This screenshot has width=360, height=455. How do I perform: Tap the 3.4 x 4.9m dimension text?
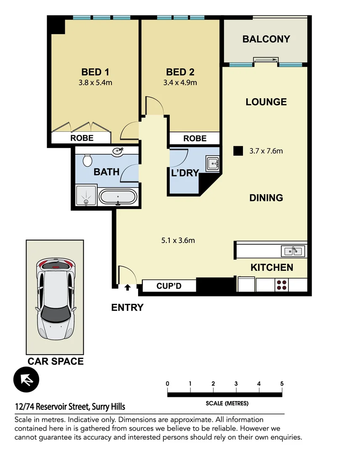181,83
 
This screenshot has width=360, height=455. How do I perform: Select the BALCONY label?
266,39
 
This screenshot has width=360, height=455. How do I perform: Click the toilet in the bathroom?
88,160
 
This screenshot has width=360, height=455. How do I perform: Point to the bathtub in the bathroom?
118,197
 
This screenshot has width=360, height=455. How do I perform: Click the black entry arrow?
128,288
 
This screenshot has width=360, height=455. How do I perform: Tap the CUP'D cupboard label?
169,286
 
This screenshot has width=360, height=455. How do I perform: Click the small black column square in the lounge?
239,151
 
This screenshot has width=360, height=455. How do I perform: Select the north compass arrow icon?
26,380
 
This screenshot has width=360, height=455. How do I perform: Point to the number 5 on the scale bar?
281,384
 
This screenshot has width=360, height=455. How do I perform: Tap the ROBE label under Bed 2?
195,138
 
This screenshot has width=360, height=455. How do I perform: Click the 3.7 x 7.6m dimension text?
266,151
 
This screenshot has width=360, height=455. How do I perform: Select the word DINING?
266,198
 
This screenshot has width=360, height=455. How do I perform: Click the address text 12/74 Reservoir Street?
70,407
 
